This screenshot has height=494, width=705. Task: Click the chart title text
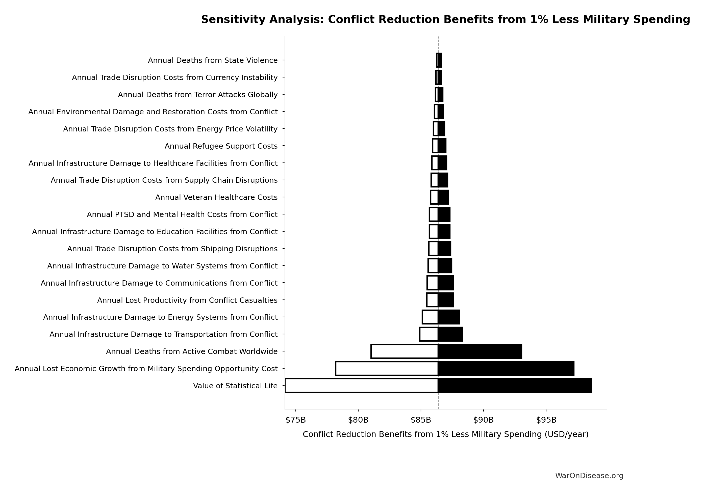pos(445,20)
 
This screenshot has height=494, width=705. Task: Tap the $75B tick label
pos(295,420)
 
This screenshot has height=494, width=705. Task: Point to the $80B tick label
pos(358,420)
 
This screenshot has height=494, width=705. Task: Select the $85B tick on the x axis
pos(421,420)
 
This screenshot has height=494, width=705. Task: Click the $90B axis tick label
pos(483,420)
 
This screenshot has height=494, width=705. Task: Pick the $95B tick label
pos(546,420)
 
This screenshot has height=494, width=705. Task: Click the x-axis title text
pos(445,434)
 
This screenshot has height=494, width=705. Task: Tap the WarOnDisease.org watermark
pos(589,476)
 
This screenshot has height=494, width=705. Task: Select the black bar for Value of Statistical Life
pos(515,386)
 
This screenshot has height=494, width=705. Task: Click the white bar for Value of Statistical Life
pos(361,386)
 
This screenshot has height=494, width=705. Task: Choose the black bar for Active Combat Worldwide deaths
pos(480,351)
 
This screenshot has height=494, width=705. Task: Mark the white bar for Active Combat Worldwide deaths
pos(405,351)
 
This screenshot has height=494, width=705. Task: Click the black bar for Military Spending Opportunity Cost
pos(506,369)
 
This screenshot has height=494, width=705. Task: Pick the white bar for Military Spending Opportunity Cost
pos(387,369)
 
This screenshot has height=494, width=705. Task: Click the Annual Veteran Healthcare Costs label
pos(216,197)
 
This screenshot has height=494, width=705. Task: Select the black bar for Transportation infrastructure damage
pos(450,334)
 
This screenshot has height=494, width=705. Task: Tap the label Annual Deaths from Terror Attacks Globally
pos(197,95)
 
